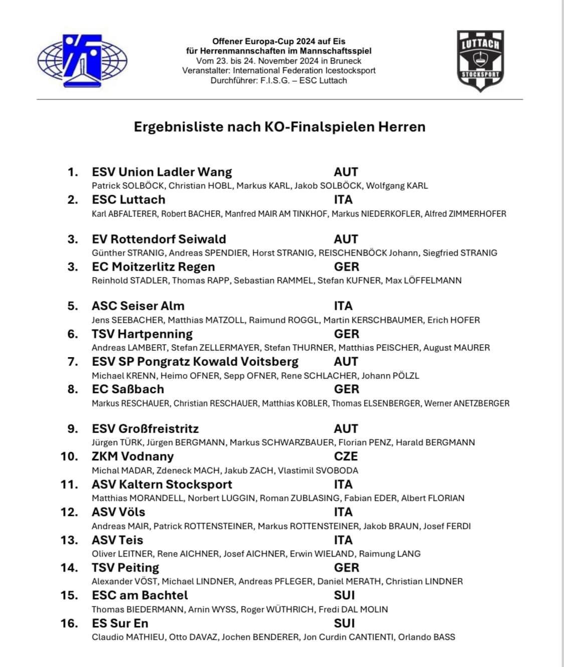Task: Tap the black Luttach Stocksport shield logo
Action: click(x=480, y=61)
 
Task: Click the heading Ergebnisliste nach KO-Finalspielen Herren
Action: click(x=279, y=127)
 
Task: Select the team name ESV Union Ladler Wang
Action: click(x=162, y=172)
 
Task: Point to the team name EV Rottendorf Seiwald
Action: click(x=159, y=239)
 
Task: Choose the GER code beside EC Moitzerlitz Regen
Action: click(x=346, y=267)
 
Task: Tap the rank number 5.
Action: click(x=73, y=306)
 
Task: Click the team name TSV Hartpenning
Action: click(x=142, y=334)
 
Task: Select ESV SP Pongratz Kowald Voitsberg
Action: click(x=195, y=362)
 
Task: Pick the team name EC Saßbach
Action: click(x=128, y=389)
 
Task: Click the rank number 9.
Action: click(x=73, y=429)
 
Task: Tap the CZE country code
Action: click(x=346, y=456)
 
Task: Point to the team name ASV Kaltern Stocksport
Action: click(x=162, y=484)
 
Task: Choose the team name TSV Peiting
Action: click(x=125, y=568)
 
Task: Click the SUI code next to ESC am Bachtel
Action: click(x=344, y=595)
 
